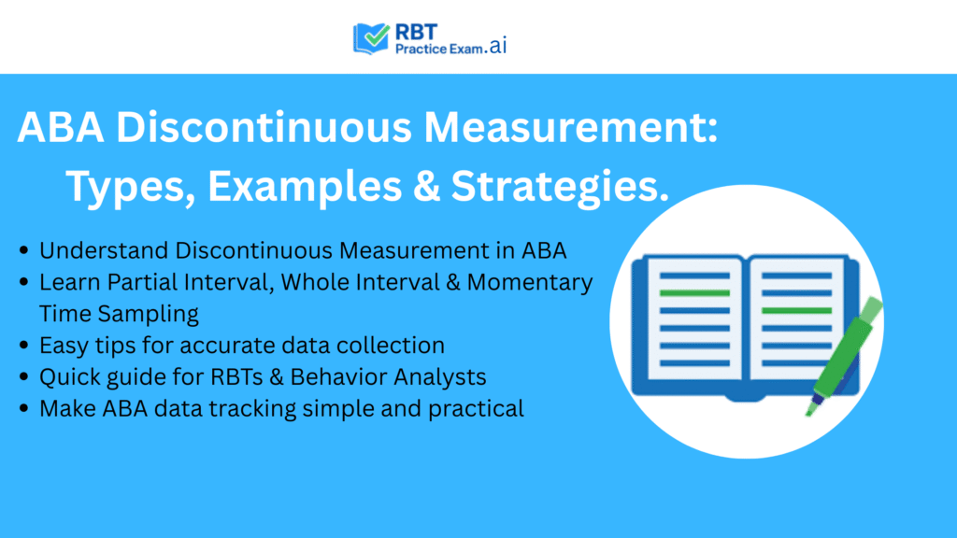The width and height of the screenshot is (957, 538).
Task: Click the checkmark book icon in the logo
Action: tap(372, 37)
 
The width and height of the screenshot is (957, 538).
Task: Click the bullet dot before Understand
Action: tap(22, 250)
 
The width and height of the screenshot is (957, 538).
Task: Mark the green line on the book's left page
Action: tap(693, 293)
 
